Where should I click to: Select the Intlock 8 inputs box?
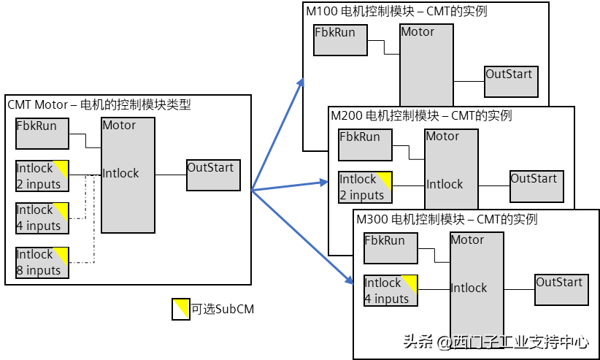42,263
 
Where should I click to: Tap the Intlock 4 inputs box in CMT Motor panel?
42,218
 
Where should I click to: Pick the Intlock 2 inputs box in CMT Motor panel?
42,176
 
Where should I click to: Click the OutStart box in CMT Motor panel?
213,175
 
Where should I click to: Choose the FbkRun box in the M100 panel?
340,40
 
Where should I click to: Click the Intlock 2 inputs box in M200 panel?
365,188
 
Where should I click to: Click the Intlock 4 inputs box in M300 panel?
391,291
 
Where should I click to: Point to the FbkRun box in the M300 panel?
391,248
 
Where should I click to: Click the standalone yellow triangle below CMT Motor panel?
181,309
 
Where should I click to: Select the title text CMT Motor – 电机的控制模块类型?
99,104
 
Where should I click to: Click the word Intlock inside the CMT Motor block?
120,174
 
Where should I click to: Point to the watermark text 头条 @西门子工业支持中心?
496,342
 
